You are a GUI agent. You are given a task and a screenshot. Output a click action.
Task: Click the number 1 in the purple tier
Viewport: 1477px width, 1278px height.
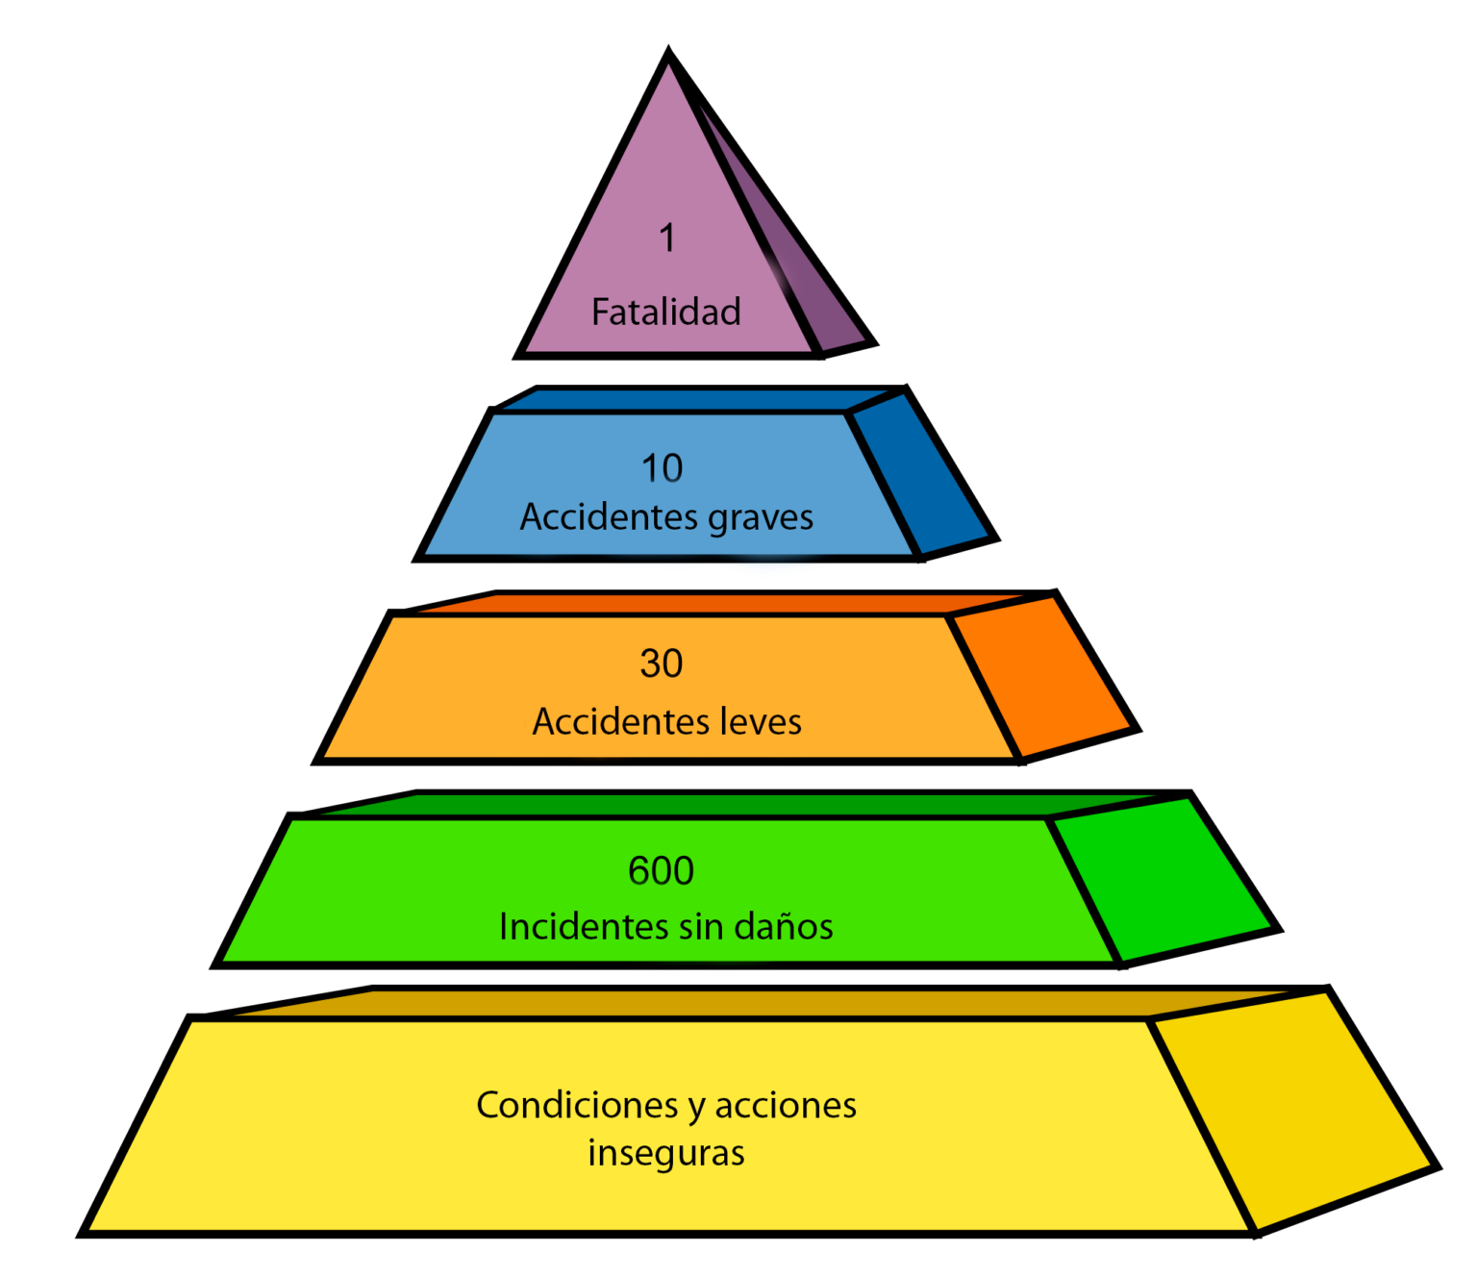pyautogui.click(x=667, y=238)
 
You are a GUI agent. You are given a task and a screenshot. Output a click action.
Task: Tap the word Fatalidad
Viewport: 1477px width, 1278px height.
pyautogui.click(x=665, y=313)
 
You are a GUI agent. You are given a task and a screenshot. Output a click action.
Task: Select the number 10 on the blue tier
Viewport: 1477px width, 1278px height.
pyautogui.click(x=662, y=468)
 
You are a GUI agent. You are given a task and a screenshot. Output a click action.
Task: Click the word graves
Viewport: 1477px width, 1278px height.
pyautogui.click(x=761, y=518)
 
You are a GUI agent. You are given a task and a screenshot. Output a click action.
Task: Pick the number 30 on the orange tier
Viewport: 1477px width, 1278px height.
pyautogui.click(x=662, y=664)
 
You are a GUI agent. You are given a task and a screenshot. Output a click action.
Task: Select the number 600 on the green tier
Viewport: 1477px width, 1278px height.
pyautogui.click(x=661, y=871)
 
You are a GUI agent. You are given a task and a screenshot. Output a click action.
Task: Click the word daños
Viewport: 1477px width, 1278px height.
pyautogui.click(x=784, y=927)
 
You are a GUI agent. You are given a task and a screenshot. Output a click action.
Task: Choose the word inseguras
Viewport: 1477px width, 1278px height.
pyautogui.click(x=665, y=1153)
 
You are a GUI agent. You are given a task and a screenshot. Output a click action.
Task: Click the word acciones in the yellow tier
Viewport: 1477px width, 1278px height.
pyautogui.click(x=786, y=1106)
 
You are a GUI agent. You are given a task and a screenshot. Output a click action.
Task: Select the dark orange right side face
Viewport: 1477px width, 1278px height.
pyautogui.click(x=1043, y=678)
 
